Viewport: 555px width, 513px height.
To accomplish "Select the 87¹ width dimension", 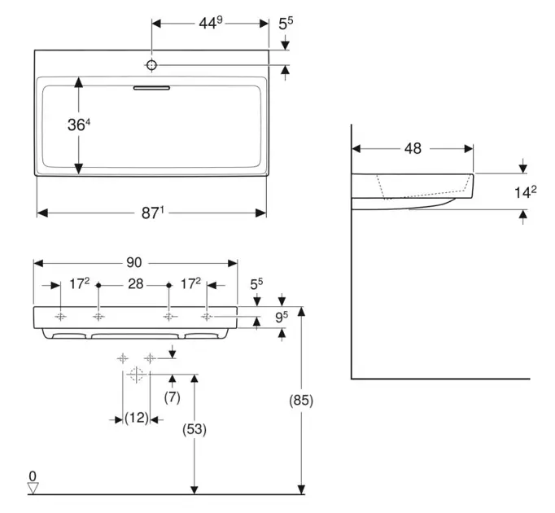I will click(x=153, y=213).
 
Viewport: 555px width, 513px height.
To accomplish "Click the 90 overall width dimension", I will click(x=134, y=262).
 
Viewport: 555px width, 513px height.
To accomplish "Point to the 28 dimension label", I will click(x=133, y=285).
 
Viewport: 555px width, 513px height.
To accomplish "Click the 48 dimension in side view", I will click(x=413, y=148).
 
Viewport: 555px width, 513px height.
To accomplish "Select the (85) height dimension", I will click(x=301, y=401).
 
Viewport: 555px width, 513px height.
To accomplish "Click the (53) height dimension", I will click(x=192, y=428).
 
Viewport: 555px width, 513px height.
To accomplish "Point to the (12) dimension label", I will click(x=136, y=418).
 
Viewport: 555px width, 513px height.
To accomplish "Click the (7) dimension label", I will click(x=172, y=397).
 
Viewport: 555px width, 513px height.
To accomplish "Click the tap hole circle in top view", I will click(x=152, y=64).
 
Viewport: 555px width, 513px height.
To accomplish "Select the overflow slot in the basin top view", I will click(x=152, y=84).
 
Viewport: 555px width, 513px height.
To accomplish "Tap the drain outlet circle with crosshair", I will click(x=136, y=374).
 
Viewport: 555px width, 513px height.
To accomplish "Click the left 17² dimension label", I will click(x=79, y=285).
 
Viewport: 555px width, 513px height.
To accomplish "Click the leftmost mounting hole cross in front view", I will click(x=60, y=316).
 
